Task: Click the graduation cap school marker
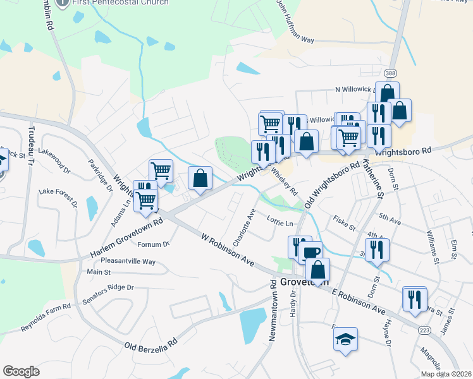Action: click(x=346, y=340)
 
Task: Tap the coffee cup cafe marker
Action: click(x=310, y=253)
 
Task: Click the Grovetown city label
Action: click(x=303, y=282)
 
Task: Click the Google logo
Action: click(x=21, y=371)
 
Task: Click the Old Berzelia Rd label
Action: click(x=151, y=347)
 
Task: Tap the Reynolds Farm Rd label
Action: click(x=46, y=318)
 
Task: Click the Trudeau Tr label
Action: click(x=30, y=145)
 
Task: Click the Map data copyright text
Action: click(x=446, y=374)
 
